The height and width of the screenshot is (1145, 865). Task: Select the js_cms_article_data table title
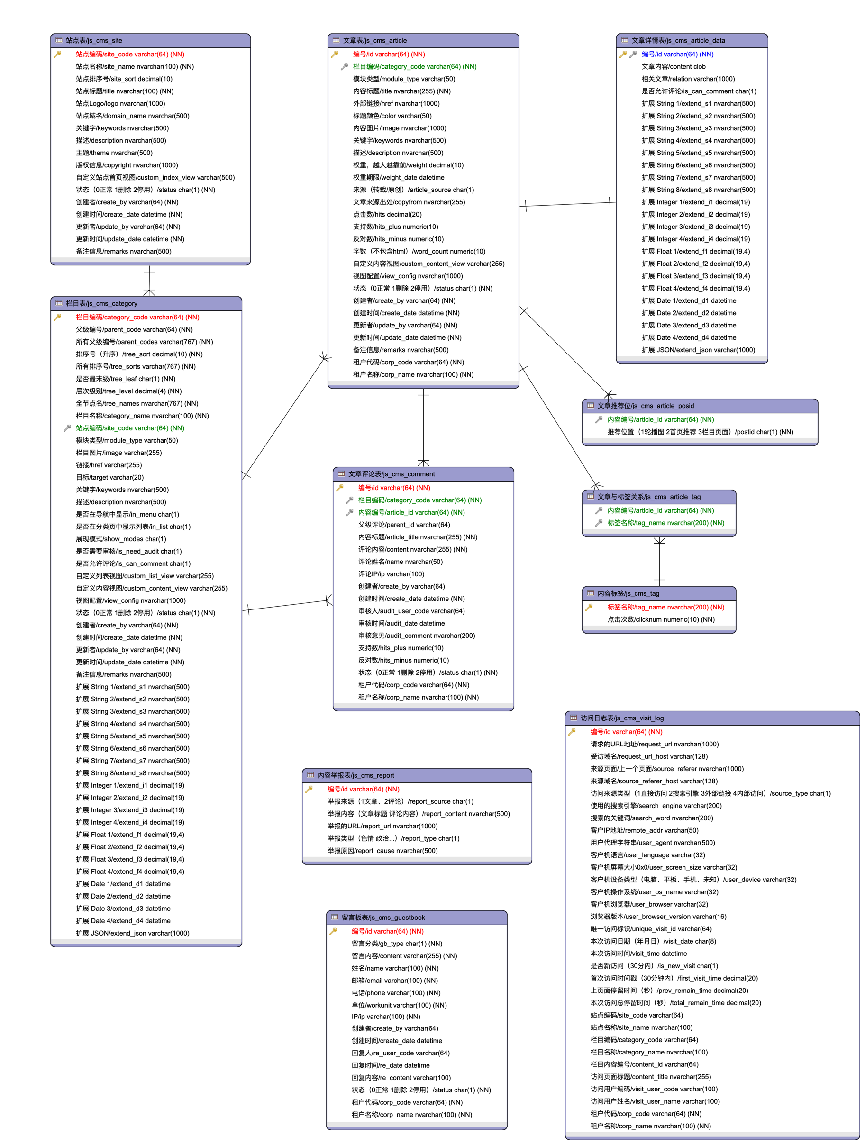(678, 40)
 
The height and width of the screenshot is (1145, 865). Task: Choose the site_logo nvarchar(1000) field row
(120, 103)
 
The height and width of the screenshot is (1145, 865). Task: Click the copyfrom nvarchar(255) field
(409, 202)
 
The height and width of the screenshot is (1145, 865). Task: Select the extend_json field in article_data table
(698, 350)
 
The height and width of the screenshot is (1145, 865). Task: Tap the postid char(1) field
(700, 432)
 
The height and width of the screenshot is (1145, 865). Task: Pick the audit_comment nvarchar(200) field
(416, 636)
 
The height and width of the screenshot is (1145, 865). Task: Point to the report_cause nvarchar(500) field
(382, 851)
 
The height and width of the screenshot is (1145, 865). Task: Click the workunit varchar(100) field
(399, 1005)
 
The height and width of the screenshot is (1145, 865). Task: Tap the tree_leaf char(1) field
(125, 379)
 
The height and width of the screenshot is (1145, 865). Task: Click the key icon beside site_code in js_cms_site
(57, 54)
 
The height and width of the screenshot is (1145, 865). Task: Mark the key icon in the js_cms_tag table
(589, 607)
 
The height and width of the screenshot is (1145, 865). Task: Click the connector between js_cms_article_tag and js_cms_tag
(659, 562)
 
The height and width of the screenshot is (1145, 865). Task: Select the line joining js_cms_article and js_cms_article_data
(568, 204)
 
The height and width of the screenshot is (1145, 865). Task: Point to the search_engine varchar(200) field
(656, 806)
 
